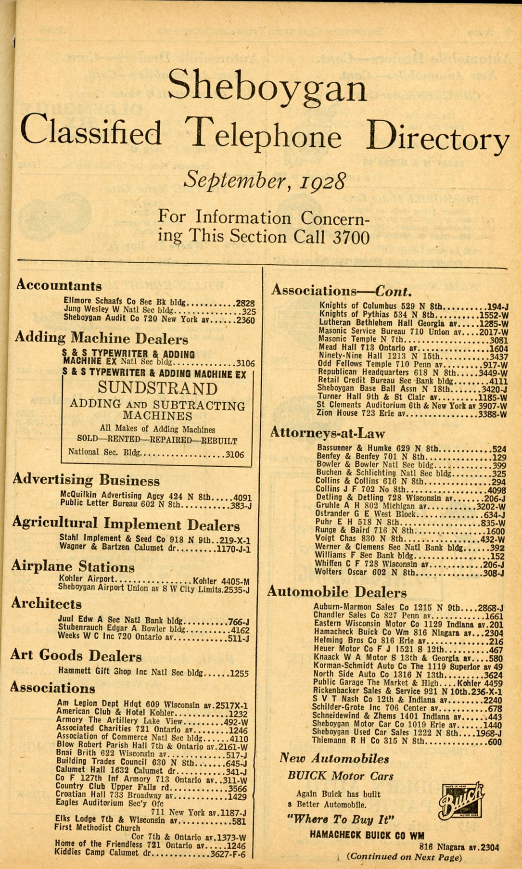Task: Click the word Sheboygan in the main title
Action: (267, 85)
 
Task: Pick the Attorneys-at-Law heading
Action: (328, 433)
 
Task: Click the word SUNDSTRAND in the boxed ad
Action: (157, 388)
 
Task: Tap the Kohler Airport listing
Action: (87, 578)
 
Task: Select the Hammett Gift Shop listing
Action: (130, 672)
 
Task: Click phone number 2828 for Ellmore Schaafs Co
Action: (245, 303)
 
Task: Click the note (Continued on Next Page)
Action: (404, 856)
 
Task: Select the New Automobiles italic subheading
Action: (334, 759)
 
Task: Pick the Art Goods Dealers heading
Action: (76, 656)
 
